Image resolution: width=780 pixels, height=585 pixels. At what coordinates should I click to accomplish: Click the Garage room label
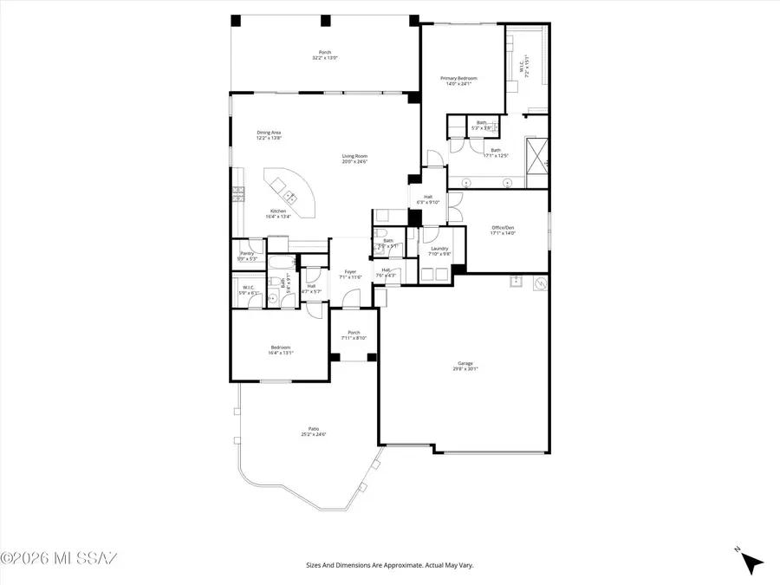[x=465, y=366]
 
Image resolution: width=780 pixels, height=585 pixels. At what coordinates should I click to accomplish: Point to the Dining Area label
[x=269, y=135]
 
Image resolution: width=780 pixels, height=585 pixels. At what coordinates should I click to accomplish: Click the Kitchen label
[x=278, y=214]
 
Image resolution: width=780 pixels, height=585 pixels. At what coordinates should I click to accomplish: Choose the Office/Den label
[x=504, y=231]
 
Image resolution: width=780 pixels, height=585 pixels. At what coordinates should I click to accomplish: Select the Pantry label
[x=247, y=256]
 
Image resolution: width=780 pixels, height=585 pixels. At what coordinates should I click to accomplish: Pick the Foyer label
[x=349, y=274]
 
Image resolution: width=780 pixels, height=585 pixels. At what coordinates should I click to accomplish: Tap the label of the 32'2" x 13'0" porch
[x=325, y=55]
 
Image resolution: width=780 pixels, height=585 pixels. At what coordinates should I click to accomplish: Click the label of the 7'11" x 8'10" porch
[x=354, y=335]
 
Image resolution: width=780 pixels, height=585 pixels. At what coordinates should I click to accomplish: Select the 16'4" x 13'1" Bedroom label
[x=279, y=350]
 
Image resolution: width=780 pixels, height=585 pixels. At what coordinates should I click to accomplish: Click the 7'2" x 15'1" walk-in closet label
[x=523, y=65]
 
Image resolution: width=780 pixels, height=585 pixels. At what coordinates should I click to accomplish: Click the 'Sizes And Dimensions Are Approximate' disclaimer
[x=389, y=565]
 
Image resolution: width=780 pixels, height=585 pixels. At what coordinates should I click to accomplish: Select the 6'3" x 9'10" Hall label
[x=428, y=199]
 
